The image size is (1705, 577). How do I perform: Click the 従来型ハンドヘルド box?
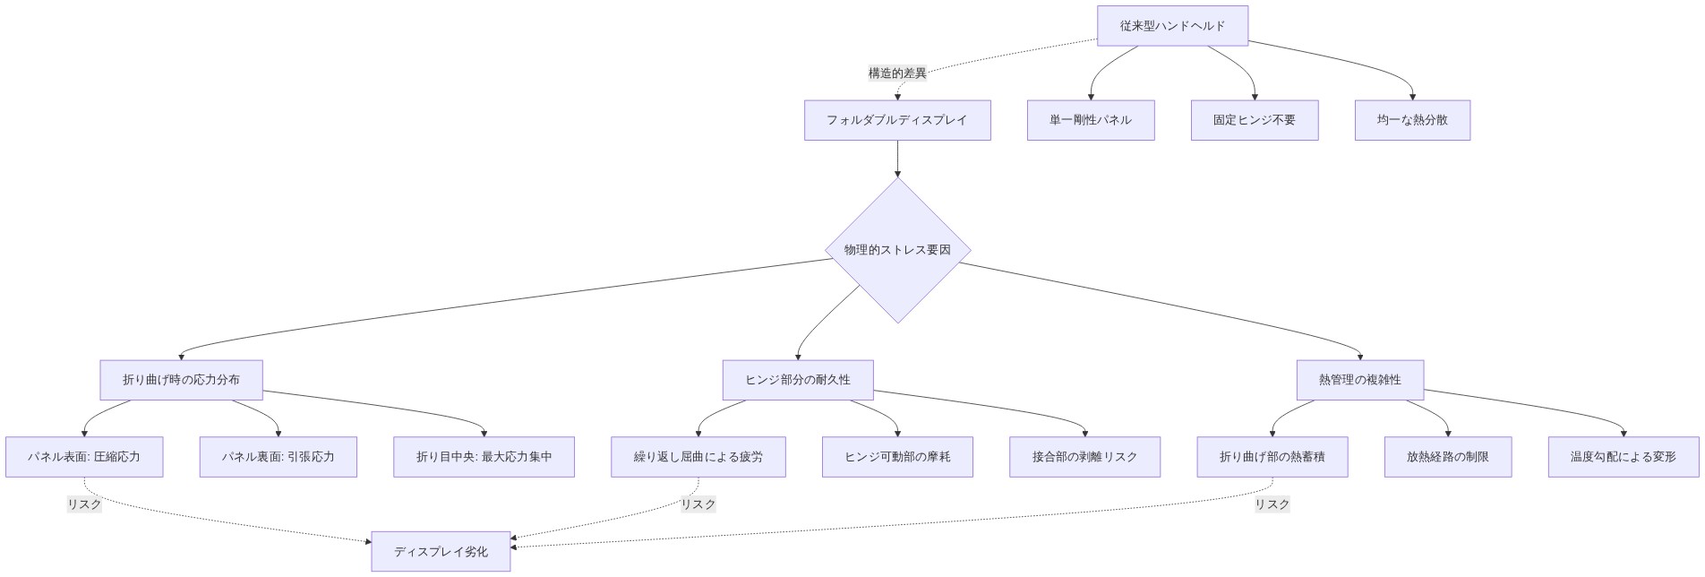(x=1172, y=26)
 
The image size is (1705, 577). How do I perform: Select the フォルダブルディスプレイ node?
(x=896, y=120)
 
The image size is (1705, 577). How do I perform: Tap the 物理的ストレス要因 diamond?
(x=897, y=250)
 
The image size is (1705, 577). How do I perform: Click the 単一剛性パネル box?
(x=1090, y=120)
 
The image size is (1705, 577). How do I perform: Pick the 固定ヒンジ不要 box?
(x=1254, y=120)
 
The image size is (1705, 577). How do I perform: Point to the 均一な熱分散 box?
(x=1411, y=120)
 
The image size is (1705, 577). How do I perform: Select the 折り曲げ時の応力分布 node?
(x=181, y=380)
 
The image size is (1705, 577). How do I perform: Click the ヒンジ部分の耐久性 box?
(x=797, y=380)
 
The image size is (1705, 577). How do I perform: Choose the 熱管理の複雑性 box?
(x=1359, y=380)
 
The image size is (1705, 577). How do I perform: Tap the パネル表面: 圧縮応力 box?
(x=84, y=457)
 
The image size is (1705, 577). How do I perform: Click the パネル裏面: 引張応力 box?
(x=278, y=457)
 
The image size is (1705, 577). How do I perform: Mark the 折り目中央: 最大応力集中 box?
(x=484, y=457)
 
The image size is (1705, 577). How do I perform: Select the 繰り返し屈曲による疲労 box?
(x=698, y=457)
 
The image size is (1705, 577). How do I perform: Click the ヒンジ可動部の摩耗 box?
(x=897, y=457)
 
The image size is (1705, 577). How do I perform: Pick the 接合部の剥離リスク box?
(x=1084, y=457)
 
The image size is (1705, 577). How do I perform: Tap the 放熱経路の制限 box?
(x=1447, y=457)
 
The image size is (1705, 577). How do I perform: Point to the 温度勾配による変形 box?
(x=1623, y=457)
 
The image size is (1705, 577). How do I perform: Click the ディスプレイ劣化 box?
(x=441, y=552)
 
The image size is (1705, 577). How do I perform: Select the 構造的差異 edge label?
(x=897, y=73)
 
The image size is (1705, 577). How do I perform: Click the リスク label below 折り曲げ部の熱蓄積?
(x=1272, y=504)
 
